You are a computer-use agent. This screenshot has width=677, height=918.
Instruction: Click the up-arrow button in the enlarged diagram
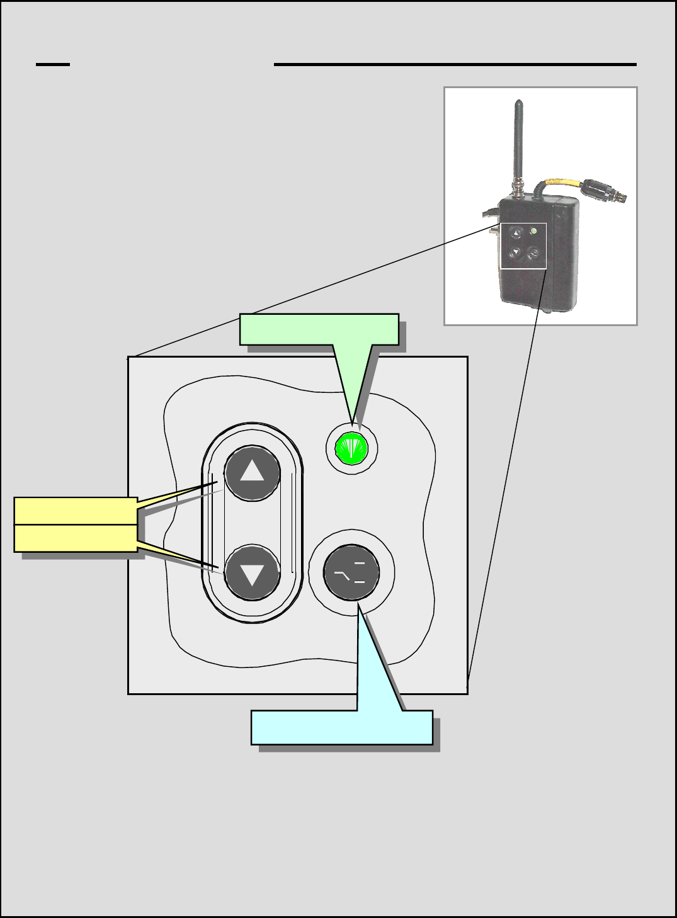coord(253,473)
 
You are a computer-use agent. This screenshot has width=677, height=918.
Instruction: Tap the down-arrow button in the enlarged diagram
coord(253,572)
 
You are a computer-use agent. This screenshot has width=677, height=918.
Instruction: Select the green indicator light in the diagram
coord(351,448)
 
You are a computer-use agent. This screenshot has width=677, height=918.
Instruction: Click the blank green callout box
coord(319,329)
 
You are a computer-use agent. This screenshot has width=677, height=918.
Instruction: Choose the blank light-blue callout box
coord(341,727)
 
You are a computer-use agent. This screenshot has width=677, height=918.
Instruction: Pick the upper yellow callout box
coord(76,511)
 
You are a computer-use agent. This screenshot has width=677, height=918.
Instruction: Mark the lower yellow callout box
coord(76,538)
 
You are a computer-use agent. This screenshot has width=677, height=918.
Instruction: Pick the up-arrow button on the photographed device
coord(516,233)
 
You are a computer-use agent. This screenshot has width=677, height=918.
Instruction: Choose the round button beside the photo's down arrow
coord(533,254)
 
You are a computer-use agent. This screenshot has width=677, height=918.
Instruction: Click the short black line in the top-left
coord(52,64)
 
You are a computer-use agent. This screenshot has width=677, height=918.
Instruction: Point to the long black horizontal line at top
coord(455,64)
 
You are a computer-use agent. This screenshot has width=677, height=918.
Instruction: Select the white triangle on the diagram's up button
coord(253,470)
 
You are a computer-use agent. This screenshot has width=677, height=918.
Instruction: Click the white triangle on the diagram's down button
coord(253,575)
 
